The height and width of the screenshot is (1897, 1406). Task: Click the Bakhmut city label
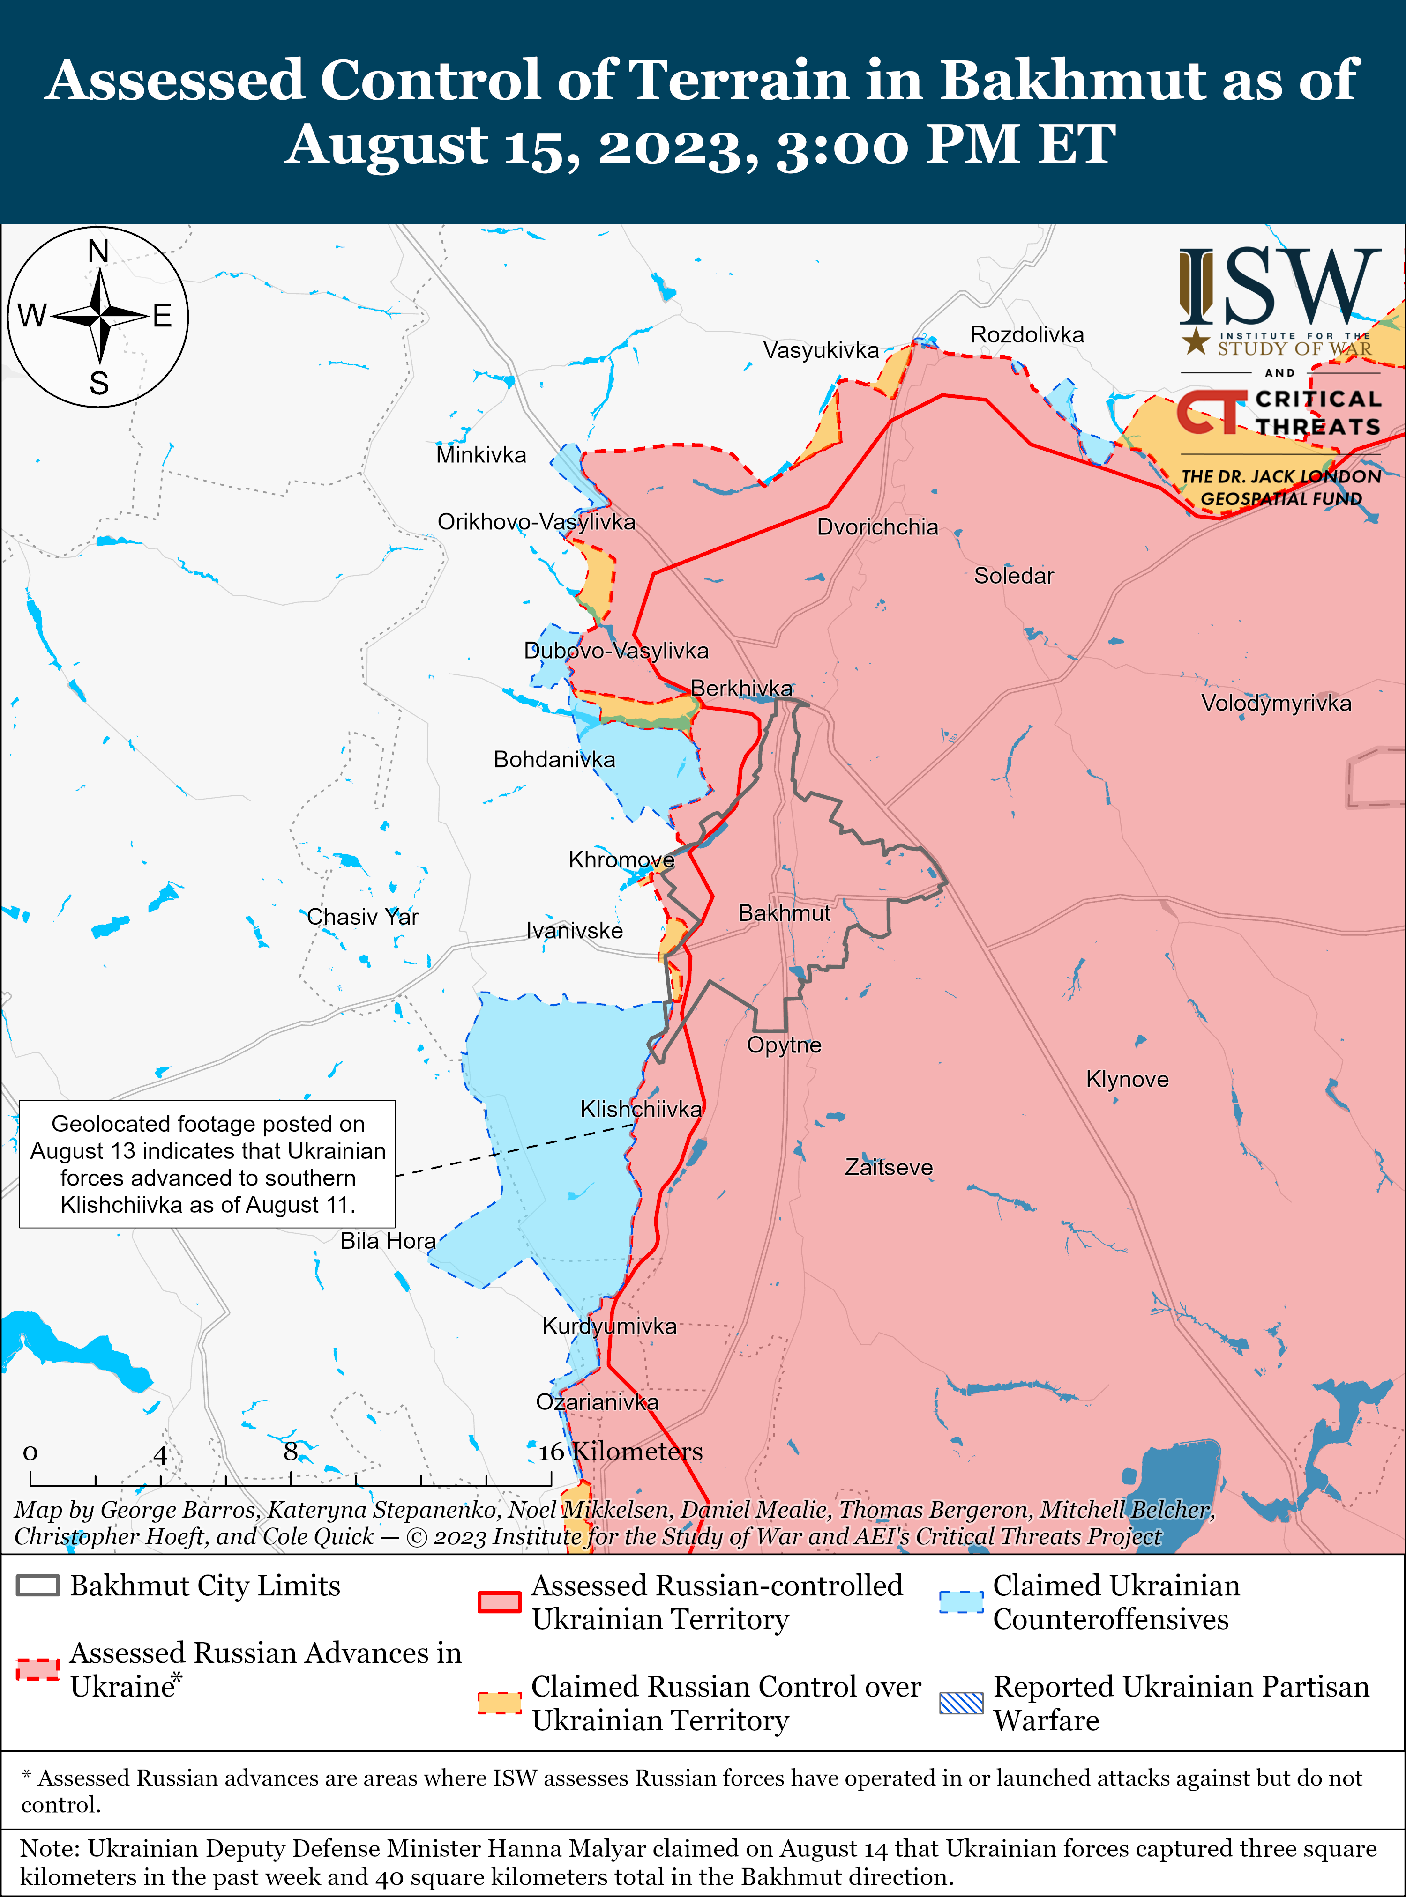(784, 913)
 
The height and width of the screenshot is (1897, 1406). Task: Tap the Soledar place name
(1014, 576)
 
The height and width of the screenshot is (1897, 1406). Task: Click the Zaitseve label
(889, 1167)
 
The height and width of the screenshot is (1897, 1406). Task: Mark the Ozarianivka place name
(597, 1401)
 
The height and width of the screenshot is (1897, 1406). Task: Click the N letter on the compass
(99, 252)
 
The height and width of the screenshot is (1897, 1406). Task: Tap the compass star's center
(99, 317)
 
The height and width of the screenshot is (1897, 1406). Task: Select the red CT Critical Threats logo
(1212, 413)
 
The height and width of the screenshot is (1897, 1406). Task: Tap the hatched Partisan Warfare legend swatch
(961, 1703)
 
